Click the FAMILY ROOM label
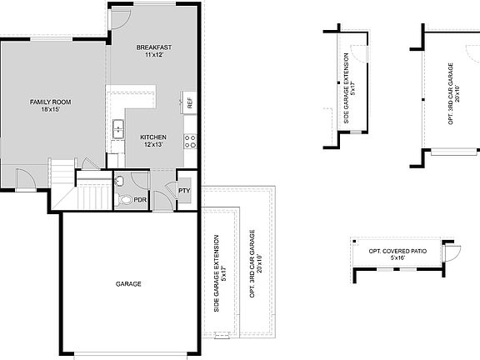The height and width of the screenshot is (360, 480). click(x=51, y=102)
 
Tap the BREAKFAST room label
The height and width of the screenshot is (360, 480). click(x=153, y=47)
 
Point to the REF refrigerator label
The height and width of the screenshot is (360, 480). click(x=190, y=104)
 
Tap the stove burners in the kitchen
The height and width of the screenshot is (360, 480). click(x=191, y=141)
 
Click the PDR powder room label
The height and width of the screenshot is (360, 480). click(x=140, y=201)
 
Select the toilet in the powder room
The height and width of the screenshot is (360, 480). click(x=125, y=199)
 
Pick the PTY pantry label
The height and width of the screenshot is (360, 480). click(x=184, y=191)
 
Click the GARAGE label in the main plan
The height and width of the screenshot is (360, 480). click(x=128, y=284)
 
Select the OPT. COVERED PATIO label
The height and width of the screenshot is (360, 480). click(x=397, y=251)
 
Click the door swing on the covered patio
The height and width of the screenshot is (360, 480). click(x=452, y=253)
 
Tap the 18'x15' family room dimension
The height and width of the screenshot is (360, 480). click(x=51, y=109)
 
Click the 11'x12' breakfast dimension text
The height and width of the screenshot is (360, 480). click(x=153, y=55)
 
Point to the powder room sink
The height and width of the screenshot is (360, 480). click(x=120, y=180)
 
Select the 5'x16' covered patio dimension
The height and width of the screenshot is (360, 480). click(x=397, y=258)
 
